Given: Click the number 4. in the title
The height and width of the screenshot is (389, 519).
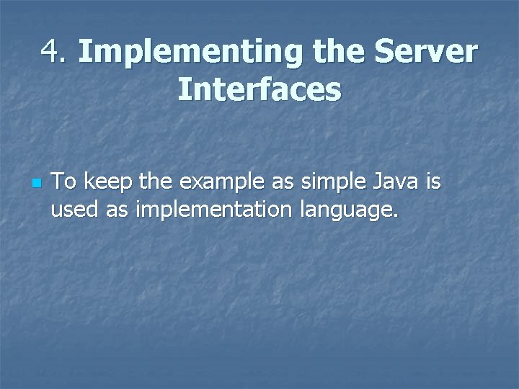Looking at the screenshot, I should [55, 52].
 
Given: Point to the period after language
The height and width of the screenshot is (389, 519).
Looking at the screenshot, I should [394, 216].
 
